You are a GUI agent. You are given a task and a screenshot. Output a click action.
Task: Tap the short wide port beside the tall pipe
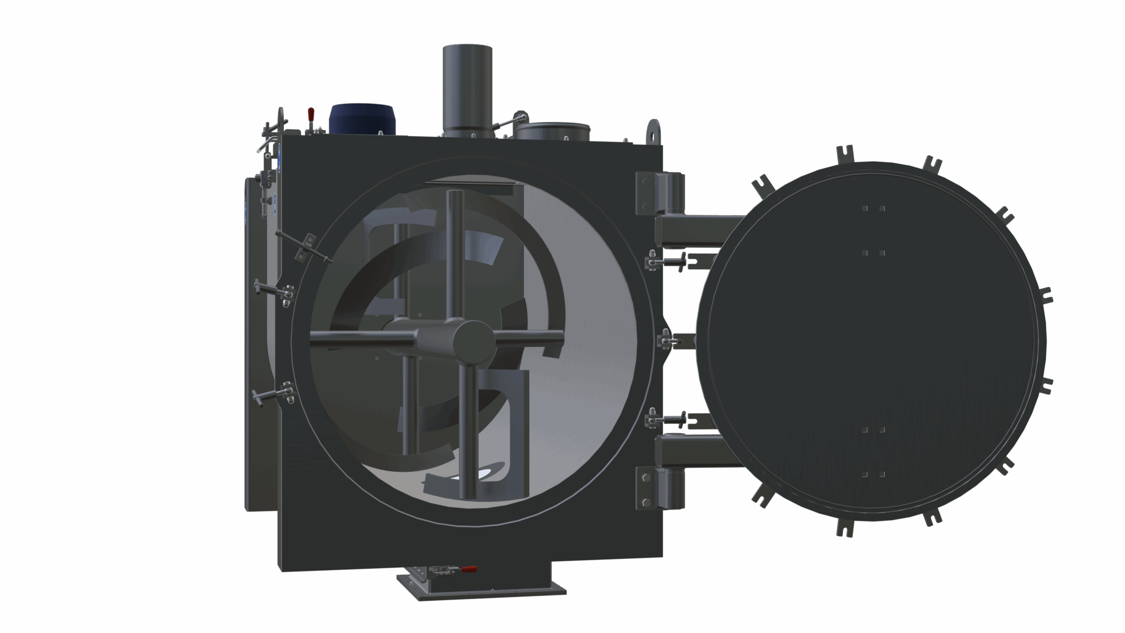pos(553,131)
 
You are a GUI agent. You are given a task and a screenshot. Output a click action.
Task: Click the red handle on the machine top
pos(310,113)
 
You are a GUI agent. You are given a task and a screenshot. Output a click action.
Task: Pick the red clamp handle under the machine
pos(469,569)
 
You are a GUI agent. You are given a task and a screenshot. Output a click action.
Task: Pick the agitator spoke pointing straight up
pos(455,257)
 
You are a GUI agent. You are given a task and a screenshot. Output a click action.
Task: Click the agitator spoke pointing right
pos(529,336)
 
